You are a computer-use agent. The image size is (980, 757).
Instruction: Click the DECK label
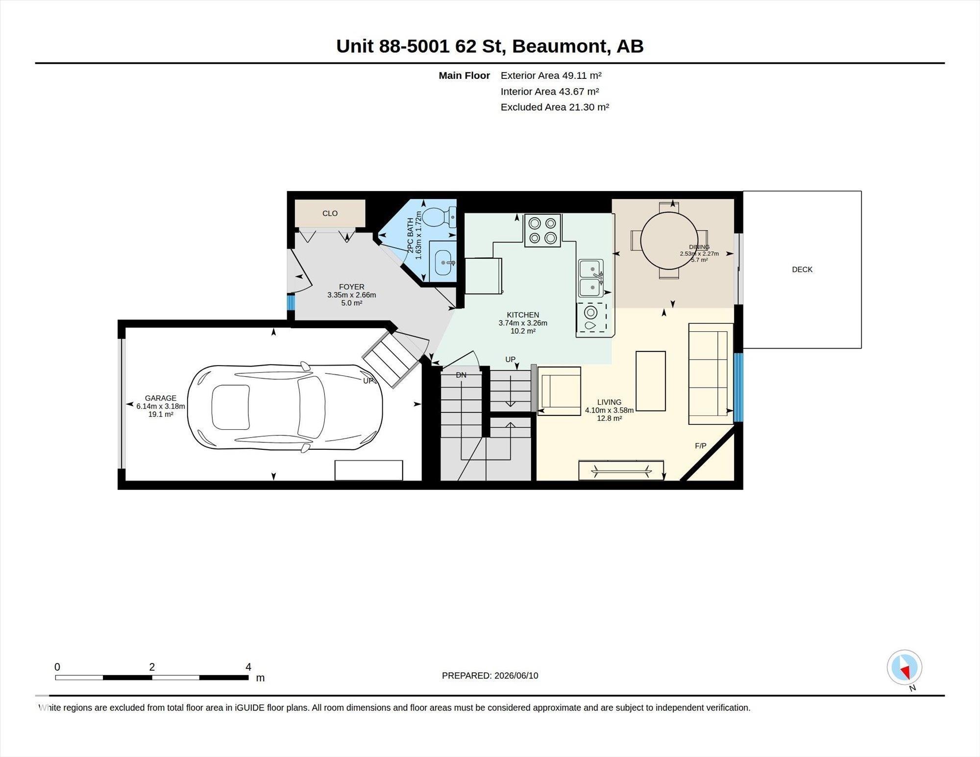pos(802,269)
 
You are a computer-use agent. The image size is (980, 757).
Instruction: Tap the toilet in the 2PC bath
pos(439,217)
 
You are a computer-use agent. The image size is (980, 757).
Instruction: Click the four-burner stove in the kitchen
pos(542,230)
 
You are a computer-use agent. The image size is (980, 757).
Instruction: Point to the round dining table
pos(669,241)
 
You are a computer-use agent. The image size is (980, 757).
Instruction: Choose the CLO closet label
pos(330,213)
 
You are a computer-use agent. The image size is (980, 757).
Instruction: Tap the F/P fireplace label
pos(701,446)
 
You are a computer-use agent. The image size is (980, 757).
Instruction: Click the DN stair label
pos(461,375)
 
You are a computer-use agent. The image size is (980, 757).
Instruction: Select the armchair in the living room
pos(559,391)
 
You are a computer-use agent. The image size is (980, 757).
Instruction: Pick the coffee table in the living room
pos(651,381)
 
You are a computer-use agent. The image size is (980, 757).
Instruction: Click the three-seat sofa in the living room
pos(709,373)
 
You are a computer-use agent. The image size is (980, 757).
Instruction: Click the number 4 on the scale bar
pos(248,667)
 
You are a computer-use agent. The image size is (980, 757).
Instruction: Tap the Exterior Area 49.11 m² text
pos(551,75)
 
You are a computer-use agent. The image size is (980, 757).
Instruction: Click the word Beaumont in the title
pos(558,46)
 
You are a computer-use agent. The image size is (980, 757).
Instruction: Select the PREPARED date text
pos(490,675)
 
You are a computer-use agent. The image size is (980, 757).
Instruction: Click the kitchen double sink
pos(591,278)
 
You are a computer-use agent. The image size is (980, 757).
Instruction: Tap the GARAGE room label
pos(160,398)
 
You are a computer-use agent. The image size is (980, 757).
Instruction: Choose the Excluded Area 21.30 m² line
pos(555,107)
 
